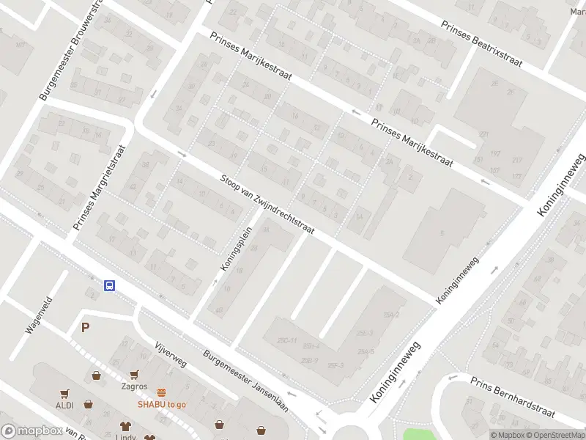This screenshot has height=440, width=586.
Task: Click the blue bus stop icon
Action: click(x=109, y=286)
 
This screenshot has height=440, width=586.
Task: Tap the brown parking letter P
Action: click(x=85, y=328)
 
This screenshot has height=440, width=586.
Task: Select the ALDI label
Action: click(x=65, y=405)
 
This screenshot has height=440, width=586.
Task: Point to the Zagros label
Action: click(x=134, y=386)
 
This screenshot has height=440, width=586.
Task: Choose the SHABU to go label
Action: click(x=161, y=404)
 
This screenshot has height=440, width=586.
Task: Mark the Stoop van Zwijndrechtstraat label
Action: click(x=267, y=205)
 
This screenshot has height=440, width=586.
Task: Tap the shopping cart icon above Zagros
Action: click(x=134, y=375)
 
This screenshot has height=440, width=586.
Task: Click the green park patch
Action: click(x=418, y=433)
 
